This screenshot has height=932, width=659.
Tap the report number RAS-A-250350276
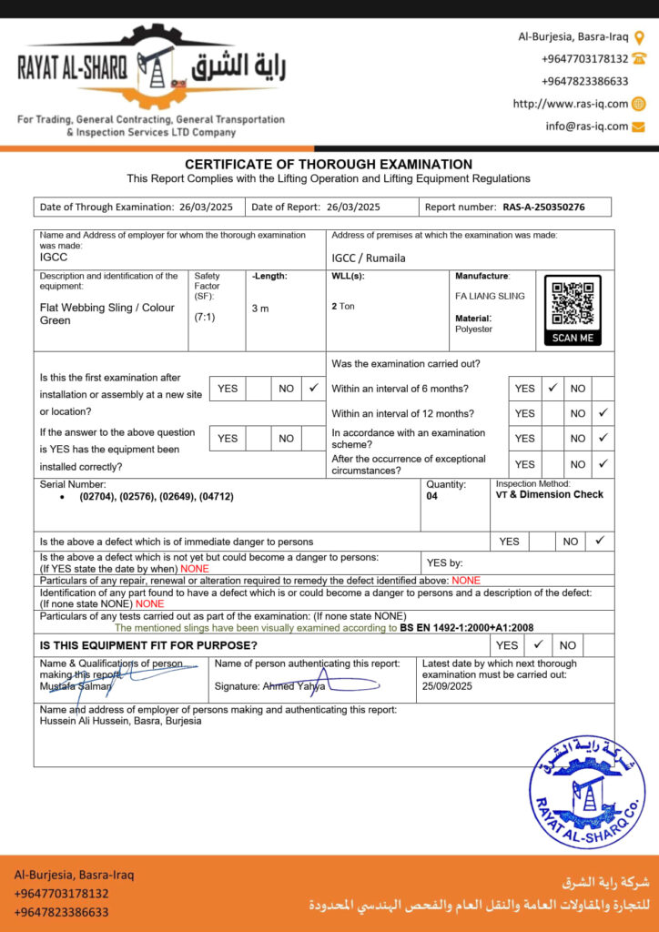(543, 207)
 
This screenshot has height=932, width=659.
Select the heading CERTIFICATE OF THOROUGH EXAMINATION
(329, 164)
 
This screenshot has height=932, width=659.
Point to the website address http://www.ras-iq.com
(570, 104)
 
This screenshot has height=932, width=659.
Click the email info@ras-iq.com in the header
(587, 127)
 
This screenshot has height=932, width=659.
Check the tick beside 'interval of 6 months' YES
(553, 388)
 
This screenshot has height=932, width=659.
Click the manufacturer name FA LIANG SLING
(490, 296)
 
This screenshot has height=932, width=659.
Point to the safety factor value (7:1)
(205, 318)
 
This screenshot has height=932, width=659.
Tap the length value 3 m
(260, 309)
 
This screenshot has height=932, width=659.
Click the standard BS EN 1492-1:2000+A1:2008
(466, 627)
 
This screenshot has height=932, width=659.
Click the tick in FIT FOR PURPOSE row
(538, 644)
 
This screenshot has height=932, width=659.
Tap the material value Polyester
(473, 329)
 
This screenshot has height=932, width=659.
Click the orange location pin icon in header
(639, 37)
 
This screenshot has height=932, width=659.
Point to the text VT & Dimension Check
(549, 495)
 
